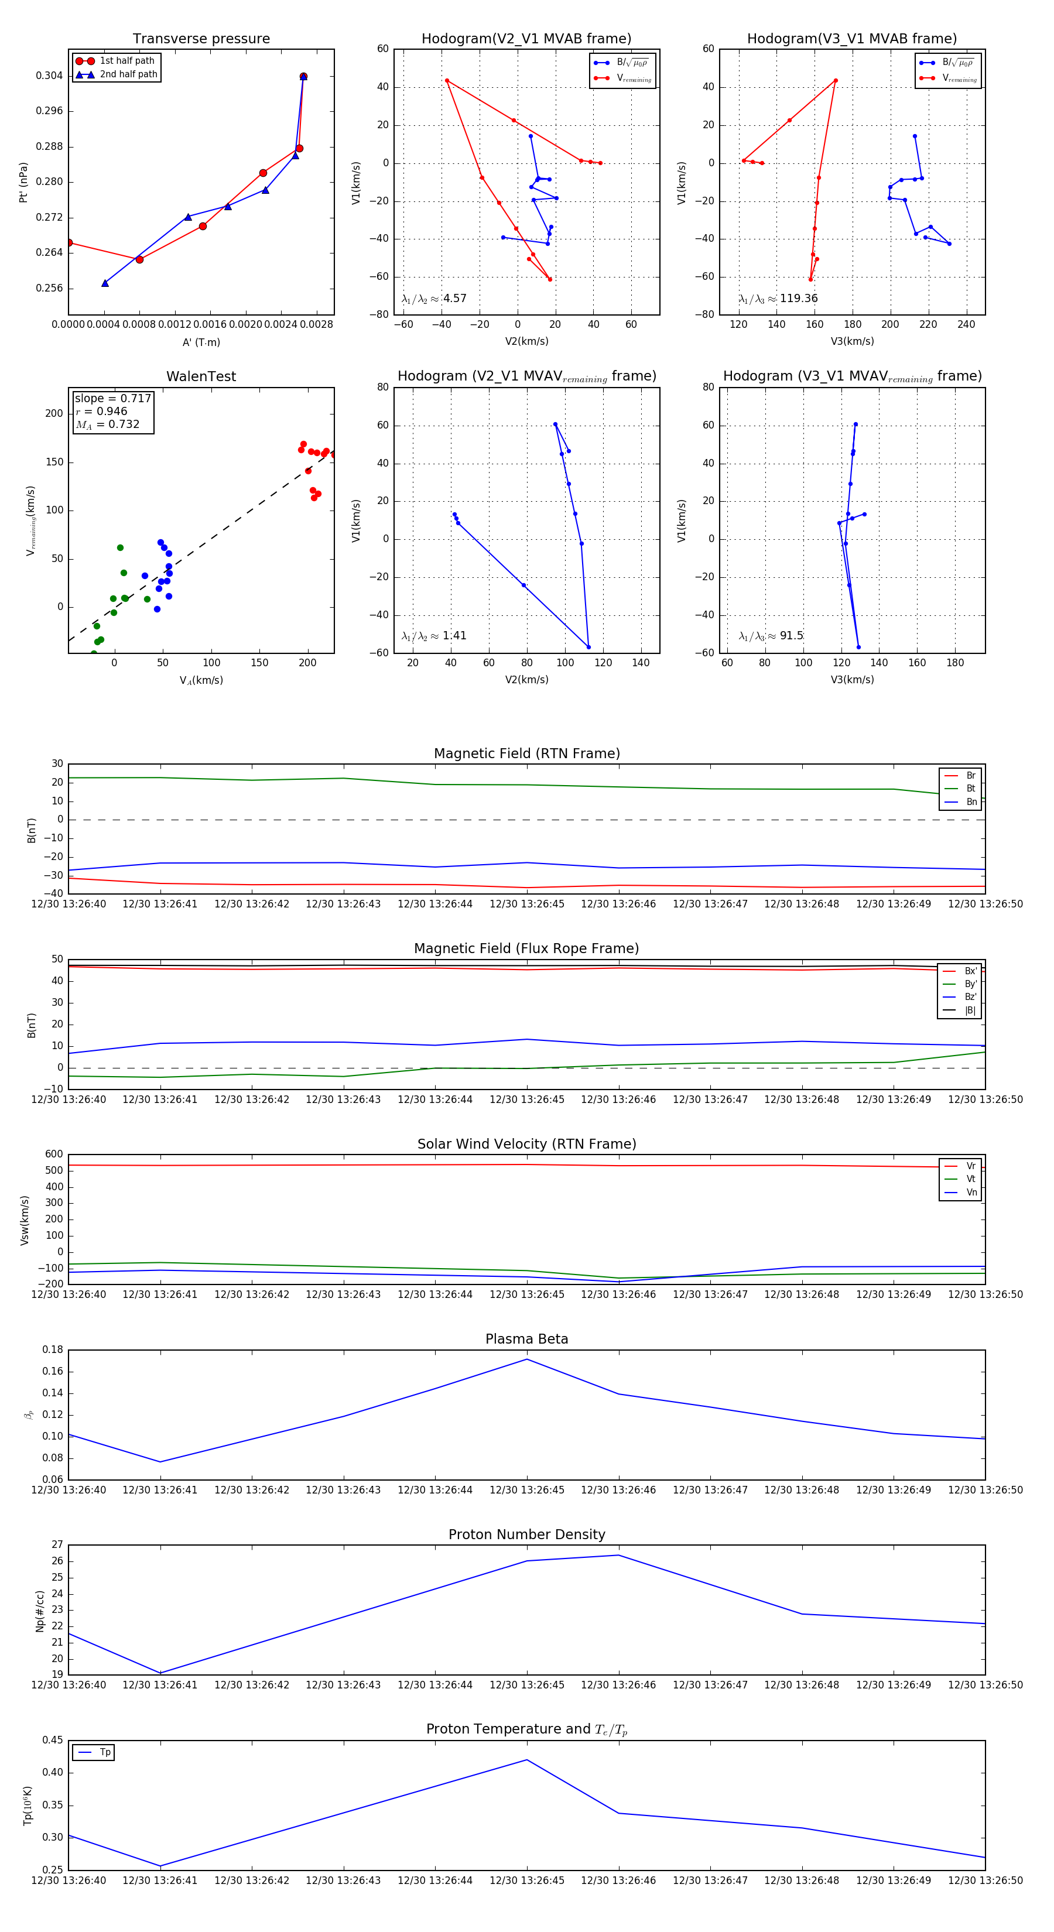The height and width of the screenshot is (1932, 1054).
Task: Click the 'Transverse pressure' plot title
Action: pos(201,39)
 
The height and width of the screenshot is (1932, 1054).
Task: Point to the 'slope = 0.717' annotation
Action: pos(112,398)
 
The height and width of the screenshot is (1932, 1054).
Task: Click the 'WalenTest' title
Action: pos(201,376)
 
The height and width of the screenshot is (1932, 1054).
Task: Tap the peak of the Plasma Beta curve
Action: pos(526,1359)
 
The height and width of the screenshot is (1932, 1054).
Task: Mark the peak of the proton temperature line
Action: pos(526,1759)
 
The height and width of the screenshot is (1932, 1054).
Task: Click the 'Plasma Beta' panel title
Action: pos(526,1339)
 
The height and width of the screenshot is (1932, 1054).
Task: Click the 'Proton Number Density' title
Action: pos(526,1534)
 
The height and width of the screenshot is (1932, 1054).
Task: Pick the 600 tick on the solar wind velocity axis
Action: pos(55,1155)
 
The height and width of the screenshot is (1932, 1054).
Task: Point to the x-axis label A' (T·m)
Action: pos(201,342)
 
